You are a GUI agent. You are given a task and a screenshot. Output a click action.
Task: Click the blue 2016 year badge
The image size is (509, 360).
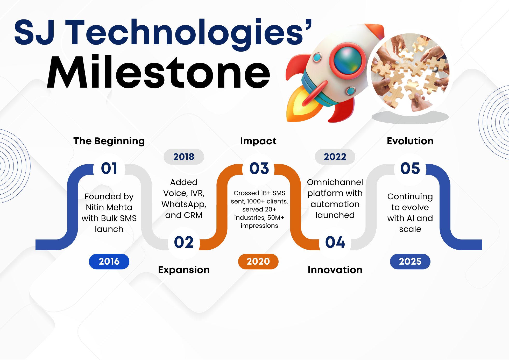coord(109,262)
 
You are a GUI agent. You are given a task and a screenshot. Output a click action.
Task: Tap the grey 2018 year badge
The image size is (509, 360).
coord(184,157)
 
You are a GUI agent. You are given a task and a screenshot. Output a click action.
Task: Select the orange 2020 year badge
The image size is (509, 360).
coord(258,262)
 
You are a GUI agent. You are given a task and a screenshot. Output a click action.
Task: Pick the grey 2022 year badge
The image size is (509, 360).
coord(335,157)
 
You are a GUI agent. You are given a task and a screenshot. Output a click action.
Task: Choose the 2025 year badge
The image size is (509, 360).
coord(410,262)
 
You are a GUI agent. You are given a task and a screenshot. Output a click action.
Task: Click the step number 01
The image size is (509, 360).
coord(109,168)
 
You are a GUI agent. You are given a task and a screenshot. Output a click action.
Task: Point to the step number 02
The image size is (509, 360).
coord(184,242)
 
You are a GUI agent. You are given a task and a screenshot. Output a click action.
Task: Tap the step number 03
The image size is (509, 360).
coord(259,168)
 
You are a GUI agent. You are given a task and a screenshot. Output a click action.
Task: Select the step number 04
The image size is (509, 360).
coord(335,242)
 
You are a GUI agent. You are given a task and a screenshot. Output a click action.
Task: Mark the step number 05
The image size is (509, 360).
coord(410,168)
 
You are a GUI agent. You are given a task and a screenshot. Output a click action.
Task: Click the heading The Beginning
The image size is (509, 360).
coord(109,141)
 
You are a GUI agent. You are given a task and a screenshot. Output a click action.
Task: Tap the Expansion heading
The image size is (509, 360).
coord(184,270)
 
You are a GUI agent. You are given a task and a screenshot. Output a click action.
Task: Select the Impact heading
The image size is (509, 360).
coord(258,141)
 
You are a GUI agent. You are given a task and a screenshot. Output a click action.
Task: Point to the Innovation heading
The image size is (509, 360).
coord(335,270)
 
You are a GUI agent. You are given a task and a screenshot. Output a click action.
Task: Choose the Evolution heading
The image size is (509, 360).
coord(410,141)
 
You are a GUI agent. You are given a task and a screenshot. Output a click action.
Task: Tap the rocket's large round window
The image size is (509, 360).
coord(348,61)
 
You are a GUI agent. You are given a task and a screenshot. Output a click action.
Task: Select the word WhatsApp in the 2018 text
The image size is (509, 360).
coord(184,204)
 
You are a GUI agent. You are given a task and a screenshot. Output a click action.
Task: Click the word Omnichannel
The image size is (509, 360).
coord(335,182)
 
